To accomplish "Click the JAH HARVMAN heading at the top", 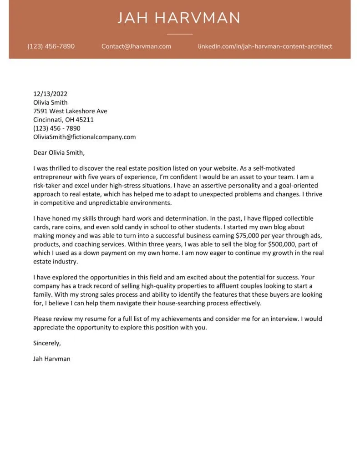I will [x=179, y=18].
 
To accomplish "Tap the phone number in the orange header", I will [x=51, y=46].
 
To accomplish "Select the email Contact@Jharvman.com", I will [x=136, y=46].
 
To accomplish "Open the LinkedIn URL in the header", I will [x=265, y=46].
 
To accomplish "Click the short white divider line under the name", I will [x=180, y=34].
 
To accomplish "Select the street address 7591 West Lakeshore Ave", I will [x=70, y=111].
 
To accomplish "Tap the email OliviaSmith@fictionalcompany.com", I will [x=84, y=137].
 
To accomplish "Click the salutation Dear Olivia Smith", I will [x=59, y=152].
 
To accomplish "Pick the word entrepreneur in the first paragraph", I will [x=53, y=177].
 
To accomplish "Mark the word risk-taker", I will [x=48, y=186].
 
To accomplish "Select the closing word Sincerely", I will [x=47, y=343].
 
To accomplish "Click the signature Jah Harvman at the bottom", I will [x=52, y=359].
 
